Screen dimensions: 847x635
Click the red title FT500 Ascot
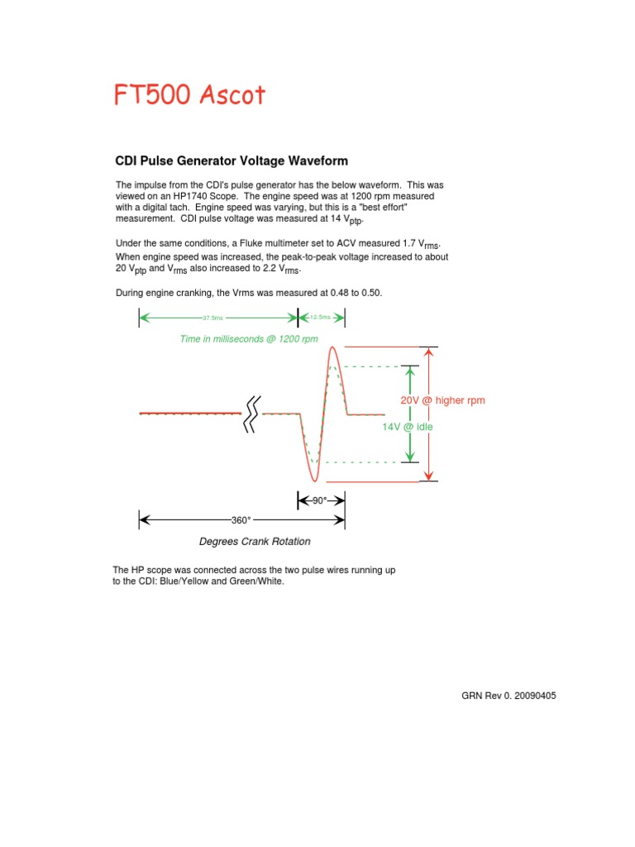pos(189,95)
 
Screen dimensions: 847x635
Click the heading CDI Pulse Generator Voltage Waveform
pos(231,160)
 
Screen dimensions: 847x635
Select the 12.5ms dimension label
pos(320,318)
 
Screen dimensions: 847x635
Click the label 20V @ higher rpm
pos(442,400)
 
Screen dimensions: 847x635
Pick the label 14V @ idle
pos(408,427)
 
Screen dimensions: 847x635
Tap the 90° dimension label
pos(320,500)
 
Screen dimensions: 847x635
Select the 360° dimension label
pos(241,520)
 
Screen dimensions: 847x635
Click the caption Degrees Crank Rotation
pos(255,542)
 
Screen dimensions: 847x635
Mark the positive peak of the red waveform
pos(332,348)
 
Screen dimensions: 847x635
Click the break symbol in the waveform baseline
pos(251,414)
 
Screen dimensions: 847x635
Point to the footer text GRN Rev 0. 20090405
pos(508,696)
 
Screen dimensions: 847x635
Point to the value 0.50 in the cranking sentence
pos(371,294)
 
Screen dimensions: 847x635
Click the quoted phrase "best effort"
pos(385,208)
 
